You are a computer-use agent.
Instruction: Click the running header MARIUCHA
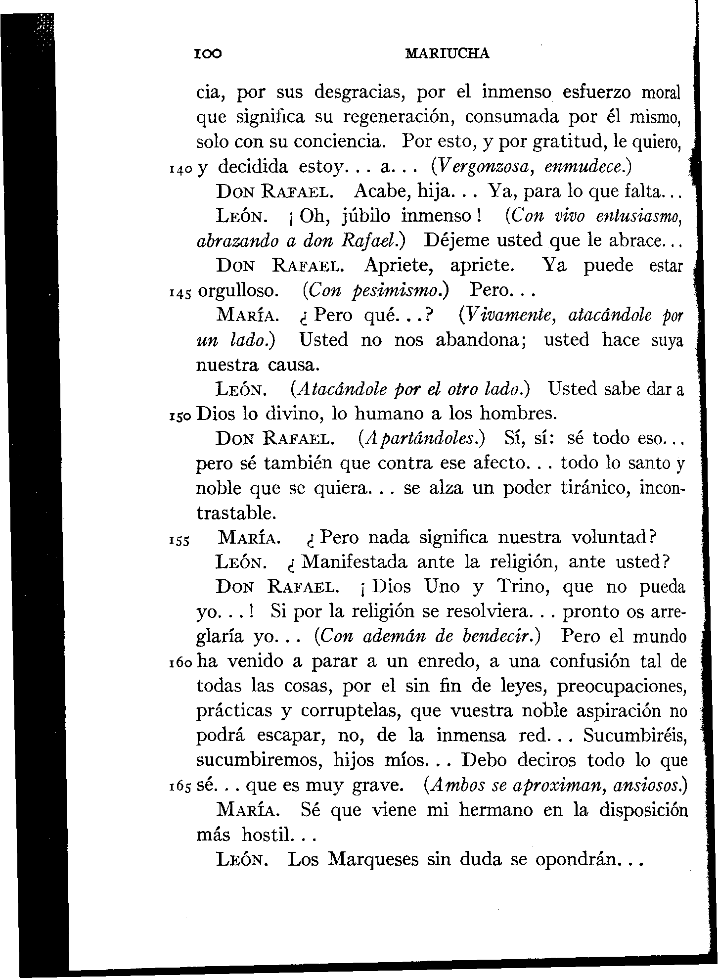pyautogui.click(x=447, y=53)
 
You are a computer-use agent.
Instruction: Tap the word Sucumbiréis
pyautogui.click(x=635, y=736)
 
